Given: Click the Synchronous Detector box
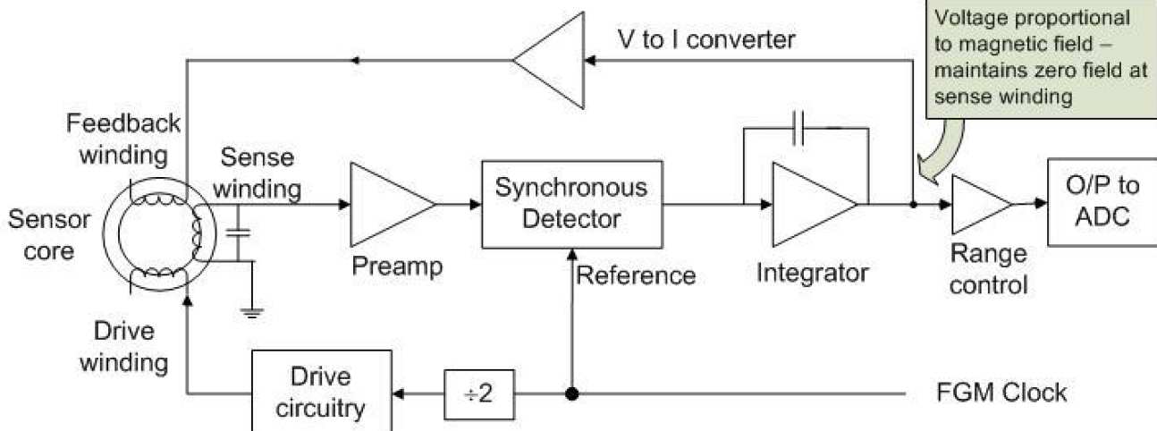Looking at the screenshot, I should pyautogui.click(x=572, y=204).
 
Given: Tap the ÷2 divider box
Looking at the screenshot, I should pyautogui.click(x=480, y=393).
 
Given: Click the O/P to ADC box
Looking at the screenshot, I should pyautogui.click(x=1103, y=203).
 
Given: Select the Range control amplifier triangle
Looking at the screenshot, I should pyautogui.click(x=978, y=204).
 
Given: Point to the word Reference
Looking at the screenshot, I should pyautogui.click(x=635, y=274).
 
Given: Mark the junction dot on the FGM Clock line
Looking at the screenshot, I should pyautogui.click(x=570, y=393).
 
